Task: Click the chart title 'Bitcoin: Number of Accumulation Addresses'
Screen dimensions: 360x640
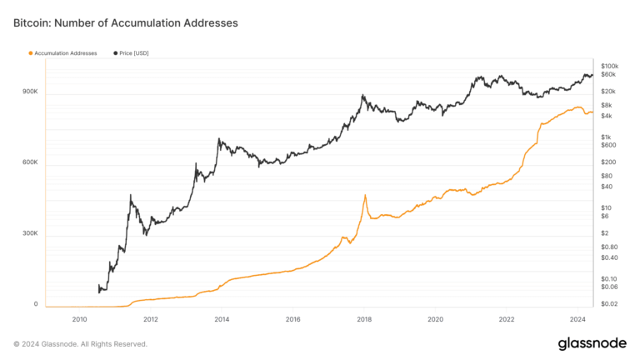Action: click(126, 23)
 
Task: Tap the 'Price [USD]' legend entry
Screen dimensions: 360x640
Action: click(133, 53)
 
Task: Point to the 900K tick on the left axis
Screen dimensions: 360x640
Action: click(30, 92)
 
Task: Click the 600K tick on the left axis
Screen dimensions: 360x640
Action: click(30, 162)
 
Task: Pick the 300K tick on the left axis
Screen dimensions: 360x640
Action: click(30, 233)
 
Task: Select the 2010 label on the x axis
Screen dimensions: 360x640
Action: click(80, 319)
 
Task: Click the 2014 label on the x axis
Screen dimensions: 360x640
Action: click(222, 319)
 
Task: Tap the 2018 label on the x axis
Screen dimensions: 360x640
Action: click(363, 319)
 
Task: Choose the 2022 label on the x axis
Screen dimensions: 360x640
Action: click(506, 319)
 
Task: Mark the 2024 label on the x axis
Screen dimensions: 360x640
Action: click(577, 319)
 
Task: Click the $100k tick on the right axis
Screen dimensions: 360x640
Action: click(608, 65)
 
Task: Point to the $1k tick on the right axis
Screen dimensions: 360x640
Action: click(607, 136)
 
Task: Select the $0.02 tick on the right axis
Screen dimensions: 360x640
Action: click(608, 304)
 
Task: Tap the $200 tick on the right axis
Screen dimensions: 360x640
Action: click(607, 162)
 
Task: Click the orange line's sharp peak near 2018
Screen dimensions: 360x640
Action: click(365, 195)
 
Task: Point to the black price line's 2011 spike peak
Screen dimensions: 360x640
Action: click(131, 195)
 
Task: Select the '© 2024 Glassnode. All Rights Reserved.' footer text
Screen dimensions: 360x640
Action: click(80, 343)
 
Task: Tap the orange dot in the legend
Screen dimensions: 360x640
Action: click(31, 53)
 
